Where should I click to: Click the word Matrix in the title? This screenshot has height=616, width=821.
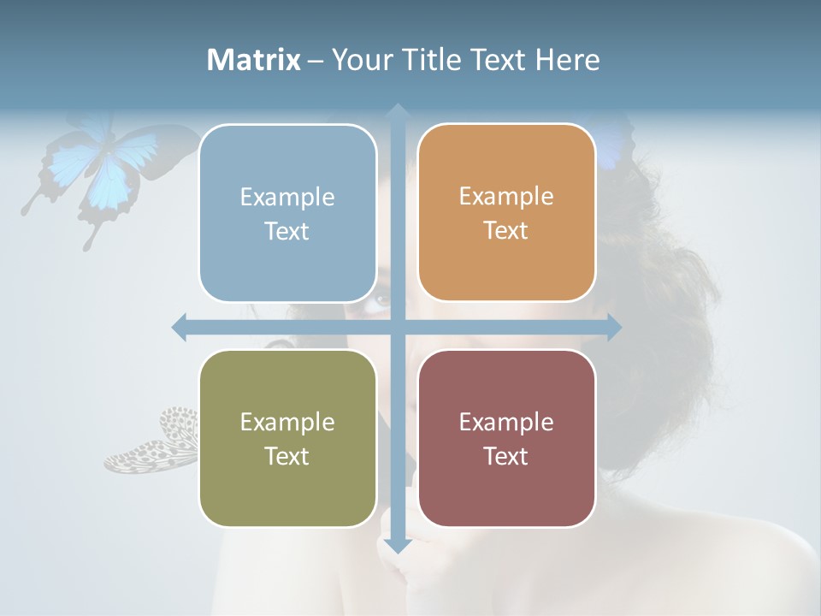tap(254, 60)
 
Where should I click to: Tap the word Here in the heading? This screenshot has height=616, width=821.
tap(567, 60)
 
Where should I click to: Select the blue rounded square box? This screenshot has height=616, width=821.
tap(287, 213)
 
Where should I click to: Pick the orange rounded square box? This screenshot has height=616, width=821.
tap(506, 212)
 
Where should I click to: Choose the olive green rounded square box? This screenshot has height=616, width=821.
tap(287, 438)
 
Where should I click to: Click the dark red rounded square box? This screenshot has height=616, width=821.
tap(506, 438)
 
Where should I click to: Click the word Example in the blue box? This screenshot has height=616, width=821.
tap(287, 198)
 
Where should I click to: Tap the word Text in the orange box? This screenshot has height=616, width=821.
tap(506, 231)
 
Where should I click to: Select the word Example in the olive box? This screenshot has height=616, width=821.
tap(287, 423)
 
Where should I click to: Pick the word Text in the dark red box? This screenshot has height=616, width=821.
tap(506, 456)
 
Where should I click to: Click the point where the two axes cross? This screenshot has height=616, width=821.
tap(397, 327)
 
